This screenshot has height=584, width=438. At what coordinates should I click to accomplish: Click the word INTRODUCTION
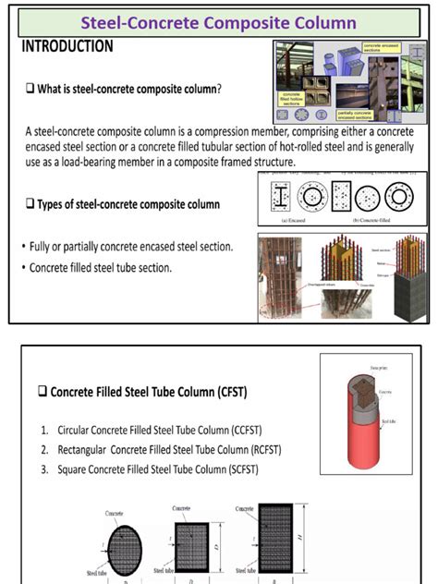(67, 46)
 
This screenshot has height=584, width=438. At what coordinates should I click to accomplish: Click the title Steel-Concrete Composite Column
(219, 21)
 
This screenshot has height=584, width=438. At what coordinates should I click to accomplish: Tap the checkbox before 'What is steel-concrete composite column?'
(30, 90)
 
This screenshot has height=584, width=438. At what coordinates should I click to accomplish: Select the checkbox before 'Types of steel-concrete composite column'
(30, 203)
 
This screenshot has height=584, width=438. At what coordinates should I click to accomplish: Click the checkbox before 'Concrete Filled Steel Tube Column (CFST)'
(43, 392)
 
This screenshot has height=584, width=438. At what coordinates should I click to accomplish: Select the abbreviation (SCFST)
(239, 469)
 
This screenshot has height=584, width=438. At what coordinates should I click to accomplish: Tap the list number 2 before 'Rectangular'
(44, 450)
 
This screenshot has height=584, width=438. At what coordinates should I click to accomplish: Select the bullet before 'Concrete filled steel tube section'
(23, 268)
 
